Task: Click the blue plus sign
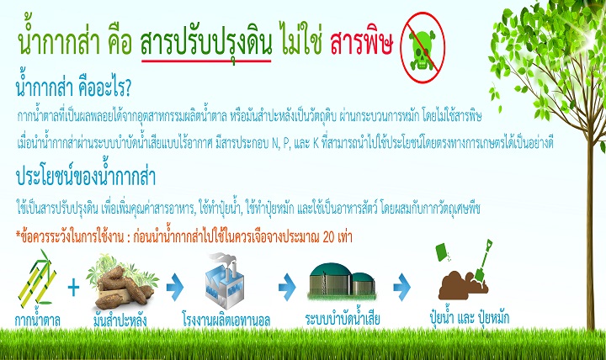73,289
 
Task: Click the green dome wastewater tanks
341,283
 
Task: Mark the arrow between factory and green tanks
287,289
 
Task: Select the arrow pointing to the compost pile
405,289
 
